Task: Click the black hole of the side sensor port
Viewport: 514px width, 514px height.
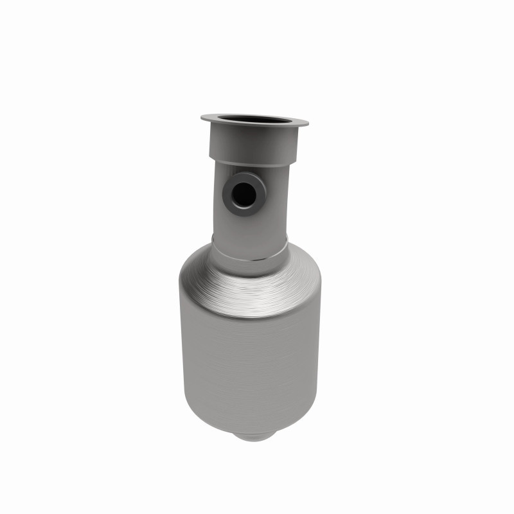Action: pyautogui.click(x=242, y=193)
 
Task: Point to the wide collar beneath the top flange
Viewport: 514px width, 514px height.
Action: pyautogui.click(x=254, y=143)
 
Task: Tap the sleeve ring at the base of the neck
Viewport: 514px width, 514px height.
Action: pyautogui.click(x=249, y=248)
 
